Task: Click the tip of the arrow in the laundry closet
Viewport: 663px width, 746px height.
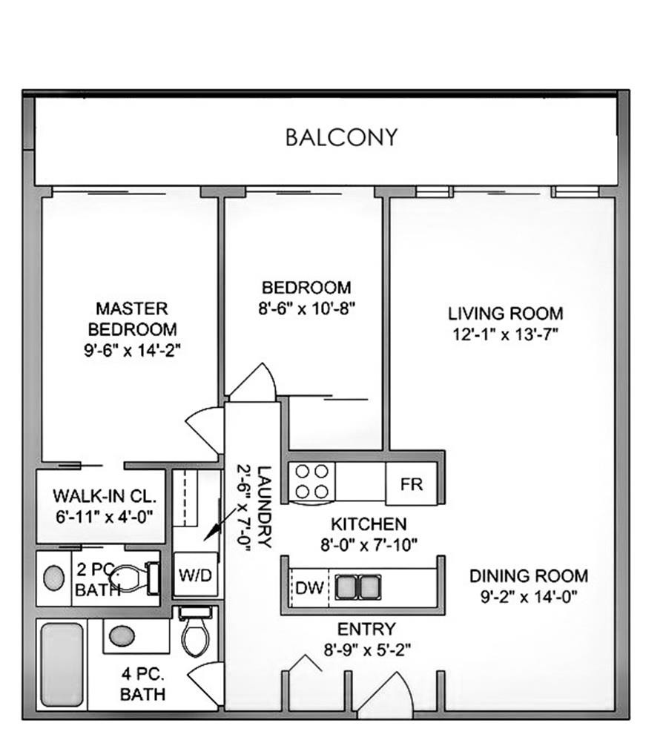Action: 205,540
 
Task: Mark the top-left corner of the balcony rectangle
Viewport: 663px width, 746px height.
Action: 35,98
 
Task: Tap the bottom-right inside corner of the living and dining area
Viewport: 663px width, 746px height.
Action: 615,710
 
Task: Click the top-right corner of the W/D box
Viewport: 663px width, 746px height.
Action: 218,553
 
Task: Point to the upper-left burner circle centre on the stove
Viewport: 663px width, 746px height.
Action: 303,472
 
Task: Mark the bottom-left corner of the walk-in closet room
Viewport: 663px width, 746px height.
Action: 37,542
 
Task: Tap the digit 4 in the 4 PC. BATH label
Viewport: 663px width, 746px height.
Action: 127,674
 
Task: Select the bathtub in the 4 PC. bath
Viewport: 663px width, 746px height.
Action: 62,664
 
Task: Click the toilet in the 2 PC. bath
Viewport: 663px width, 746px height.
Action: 134,578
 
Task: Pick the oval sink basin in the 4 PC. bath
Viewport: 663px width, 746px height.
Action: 122,636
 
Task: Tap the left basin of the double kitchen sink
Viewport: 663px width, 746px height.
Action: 346,587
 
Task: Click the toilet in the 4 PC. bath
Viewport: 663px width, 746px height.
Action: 196,631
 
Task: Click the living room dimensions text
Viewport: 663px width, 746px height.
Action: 505,335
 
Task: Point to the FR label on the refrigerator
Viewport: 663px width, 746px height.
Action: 411,484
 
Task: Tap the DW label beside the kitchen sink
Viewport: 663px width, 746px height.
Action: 309,588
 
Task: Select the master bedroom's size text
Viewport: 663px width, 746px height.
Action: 132,351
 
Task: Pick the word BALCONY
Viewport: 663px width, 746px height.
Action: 341,137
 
